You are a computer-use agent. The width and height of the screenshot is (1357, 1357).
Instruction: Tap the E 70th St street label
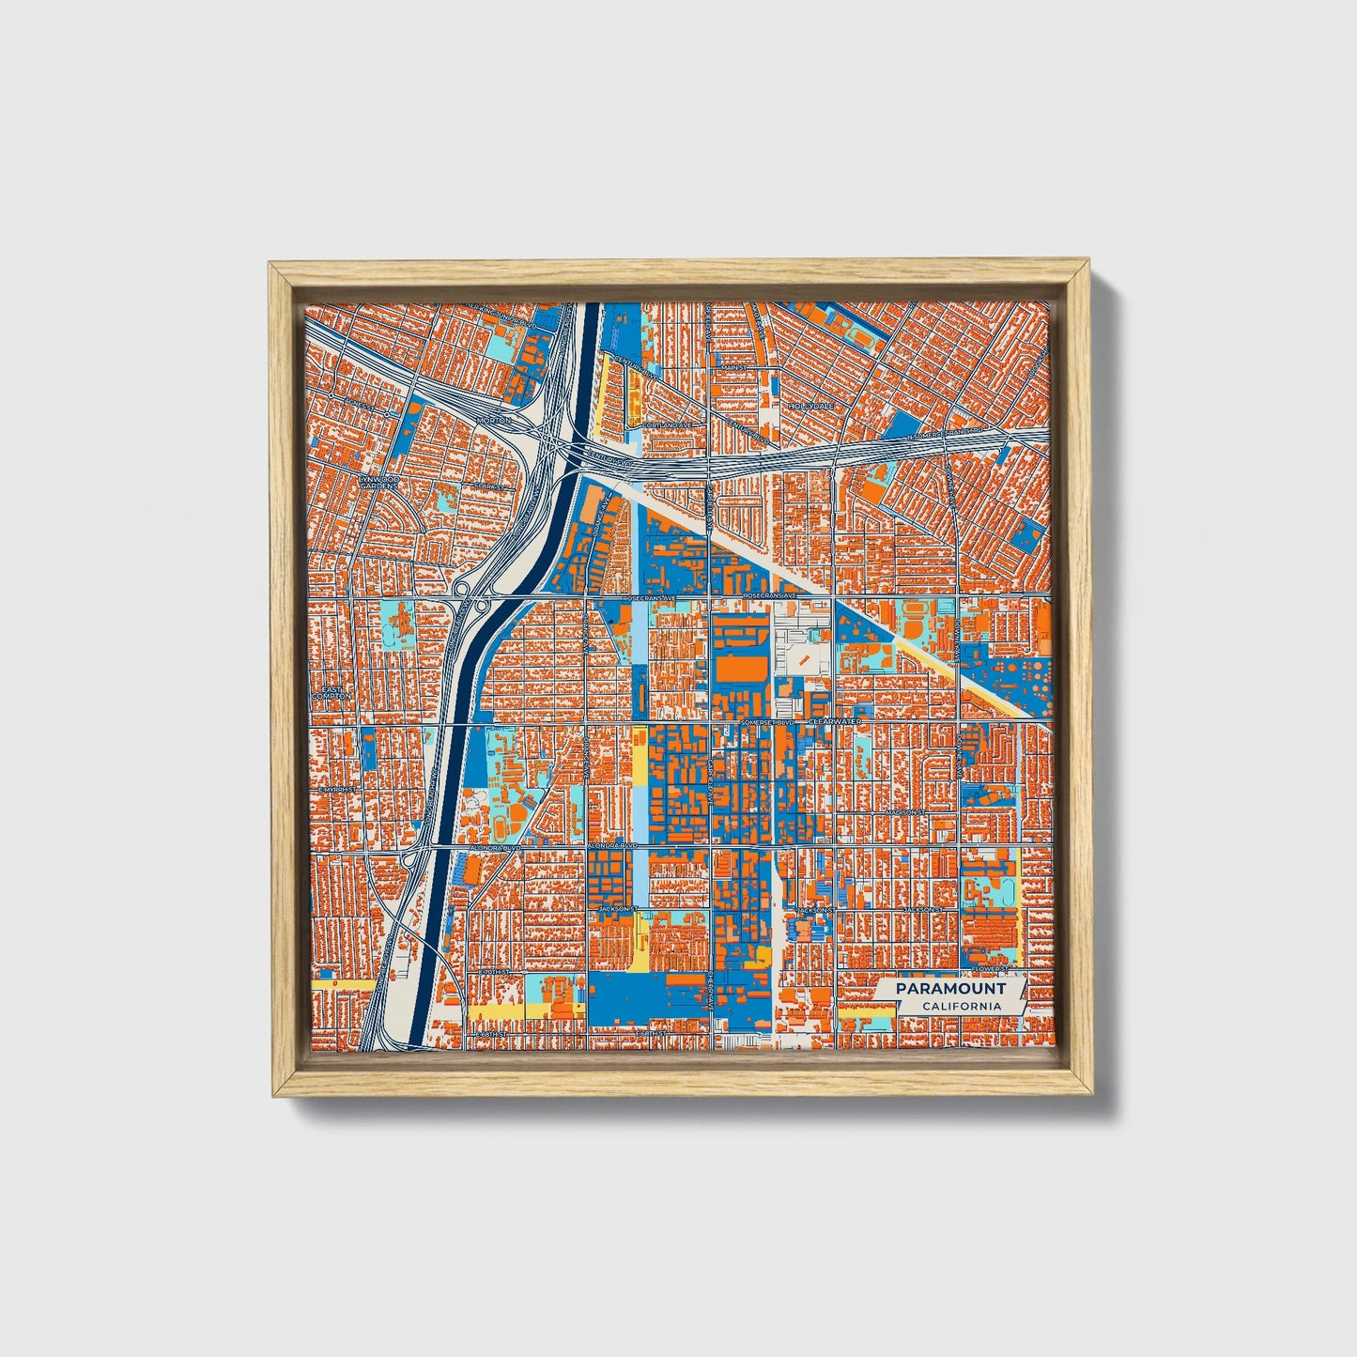pyautogui.click(x=493, y=972)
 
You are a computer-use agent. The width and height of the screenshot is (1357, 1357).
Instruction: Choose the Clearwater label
pyautogui.click(x=834, y=721)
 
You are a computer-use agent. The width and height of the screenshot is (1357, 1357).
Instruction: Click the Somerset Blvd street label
pyautogui.click(x=767, y=722)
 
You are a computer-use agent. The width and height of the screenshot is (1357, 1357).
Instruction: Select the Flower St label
pyautogui.click(x=990, y=967)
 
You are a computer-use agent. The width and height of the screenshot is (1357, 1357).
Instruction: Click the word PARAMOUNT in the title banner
pyautogui.click(x=949, y=989)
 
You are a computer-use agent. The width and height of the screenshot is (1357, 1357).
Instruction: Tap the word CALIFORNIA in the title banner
pyautogui.click(x=961, y=1006)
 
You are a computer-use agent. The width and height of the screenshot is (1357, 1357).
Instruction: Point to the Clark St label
pyautogui.click(x=487, y=486)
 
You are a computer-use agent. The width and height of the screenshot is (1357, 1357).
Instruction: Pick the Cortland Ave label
pyautogui.click(x=667, y=424)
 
